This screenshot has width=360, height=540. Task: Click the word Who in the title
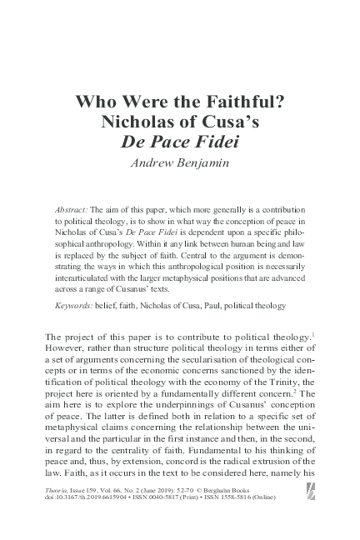(x=95, y=104)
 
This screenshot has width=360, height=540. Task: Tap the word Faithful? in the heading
(x=247, y=104)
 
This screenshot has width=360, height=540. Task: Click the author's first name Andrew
(x=156, y=162)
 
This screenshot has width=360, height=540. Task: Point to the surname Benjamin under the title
(x=205, y=162)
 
